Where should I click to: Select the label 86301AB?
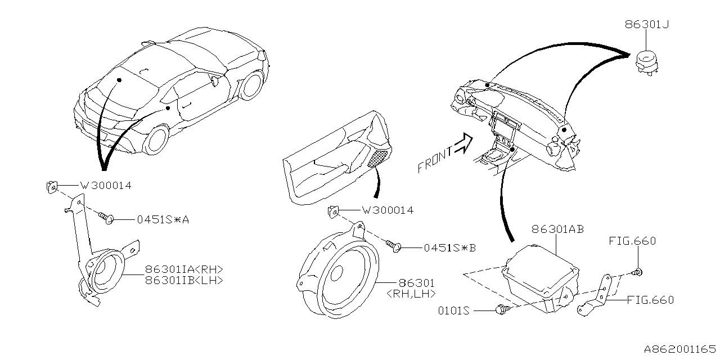[557, 229]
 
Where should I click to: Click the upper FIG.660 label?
[632, 242]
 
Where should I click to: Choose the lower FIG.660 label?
[650, 300]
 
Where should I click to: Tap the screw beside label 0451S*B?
[394, 245]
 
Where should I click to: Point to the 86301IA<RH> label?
[184, 269]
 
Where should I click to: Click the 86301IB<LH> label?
[184, 280]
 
